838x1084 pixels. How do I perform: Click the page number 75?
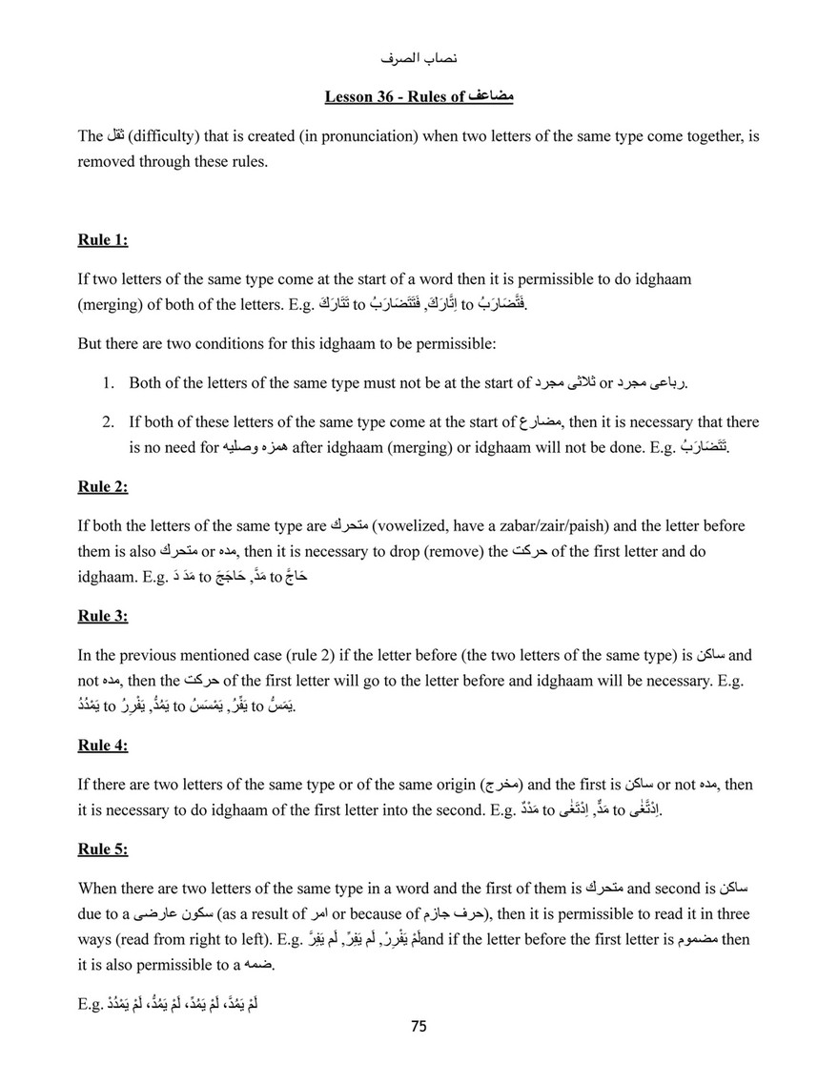pyautogui.click(x=419, y=1027)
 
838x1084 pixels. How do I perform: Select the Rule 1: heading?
pyautogui.click(x=102, y=240)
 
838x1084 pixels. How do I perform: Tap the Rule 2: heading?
pyautogui.click(x=102, y=486)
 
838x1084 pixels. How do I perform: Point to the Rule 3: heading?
pyautogui.click(x=102, y=616)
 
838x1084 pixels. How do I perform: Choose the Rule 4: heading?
pyautogui.click(x=102, y=746)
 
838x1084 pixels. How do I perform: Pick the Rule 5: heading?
pyautogui.click(x=102, y=848)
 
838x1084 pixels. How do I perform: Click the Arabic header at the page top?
pyautogui.click(x=419, y=59)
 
